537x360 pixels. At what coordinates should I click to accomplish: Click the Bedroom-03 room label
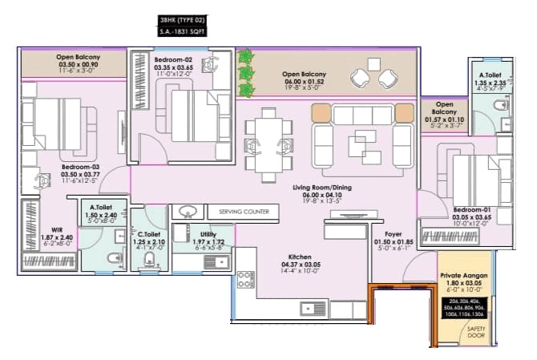pyautogui.click(x=80, y=168)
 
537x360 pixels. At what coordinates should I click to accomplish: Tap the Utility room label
pyautogui.click(x=212, y=235)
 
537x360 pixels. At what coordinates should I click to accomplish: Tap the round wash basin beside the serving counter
pyautogui.click(x=188, y=212)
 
